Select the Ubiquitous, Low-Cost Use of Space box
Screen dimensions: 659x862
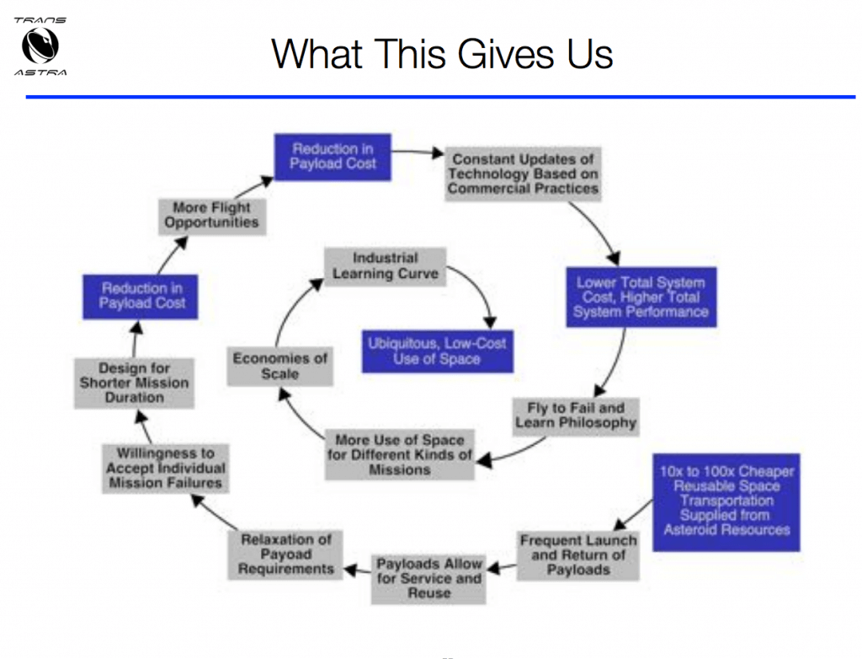(437, 351)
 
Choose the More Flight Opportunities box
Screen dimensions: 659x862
(211, 215)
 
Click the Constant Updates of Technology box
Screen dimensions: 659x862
(523, 174)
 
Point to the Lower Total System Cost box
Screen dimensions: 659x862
(641, 297)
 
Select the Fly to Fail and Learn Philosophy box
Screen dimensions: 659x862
(576, 415)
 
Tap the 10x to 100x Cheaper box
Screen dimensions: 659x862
(726, 501)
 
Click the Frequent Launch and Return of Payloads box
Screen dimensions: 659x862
(577, 555)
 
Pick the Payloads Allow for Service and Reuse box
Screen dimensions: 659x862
(429, 579)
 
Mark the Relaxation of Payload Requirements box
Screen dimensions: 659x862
(286, 554)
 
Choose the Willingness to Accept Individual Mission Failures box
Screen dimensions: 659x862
(165, 468)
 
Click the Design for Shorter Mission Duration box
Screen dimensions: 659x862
(135, 383)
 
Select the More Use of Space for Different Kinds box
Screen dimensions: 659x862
(399, 454)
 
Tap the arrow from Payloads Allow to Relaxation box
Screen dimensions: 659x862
(359, 571)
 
